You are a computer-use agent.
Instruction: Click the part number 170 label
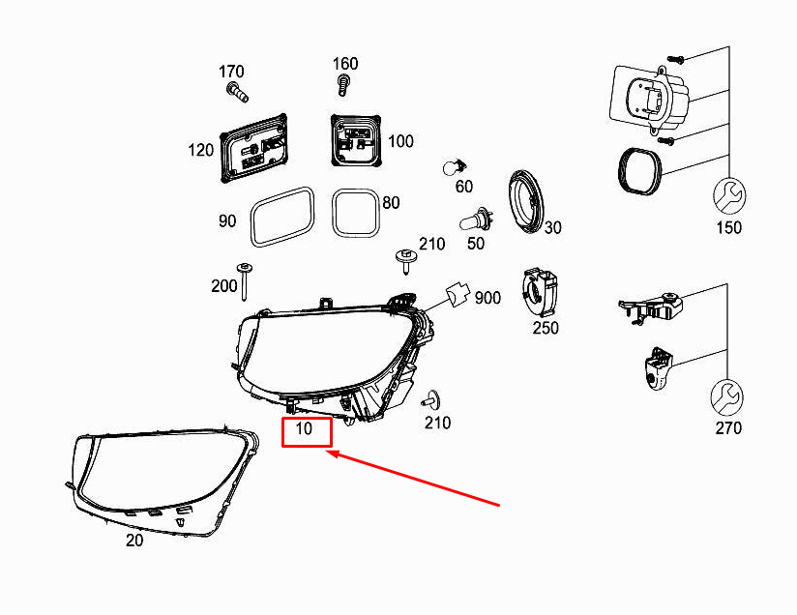coord(231,72)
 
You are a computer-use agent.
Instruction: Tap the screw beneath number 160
coord(343,85)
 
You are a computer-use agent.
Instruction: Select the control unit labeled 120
coord(254,148)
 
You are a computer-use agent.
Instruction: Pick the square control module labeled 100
coord(356,140)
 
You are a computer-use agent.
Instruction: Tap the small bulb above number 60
coord(455,166)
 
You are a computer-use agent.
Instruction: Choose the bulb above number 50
coord(476,221)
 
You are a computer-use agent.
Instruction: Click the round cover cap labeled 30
coord(526,202)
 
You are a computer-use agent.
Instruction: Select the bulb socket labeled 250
coord(540,293)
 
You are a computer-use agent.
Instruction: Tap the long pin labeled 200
coord(245,282)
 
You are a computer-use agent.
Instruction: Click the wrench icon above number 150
coord(729,196)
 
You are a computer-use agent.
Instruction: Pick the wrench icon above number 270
coord(726,397)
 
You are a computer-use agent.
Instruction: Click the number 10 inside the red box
coord(304,428)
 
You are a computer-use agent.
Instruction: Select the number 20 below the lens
coord(134,541)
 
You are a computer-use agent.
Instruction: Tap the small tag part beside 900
coord(457,294)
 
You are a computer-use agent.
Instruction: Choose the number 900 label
coord(487,298)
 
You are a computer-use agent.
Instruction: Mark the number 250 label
coord(546,328)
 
